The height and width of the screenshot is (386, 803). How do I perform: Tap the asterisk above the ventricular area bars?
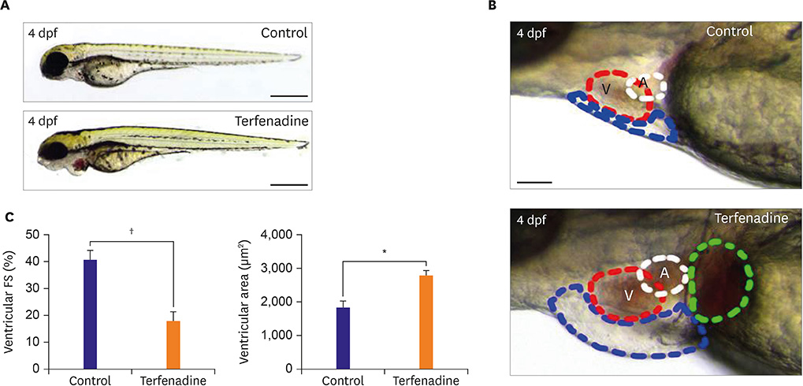[x=385, y=252]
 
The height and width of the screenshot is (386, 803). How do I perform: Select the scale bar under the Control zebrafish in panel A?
[x=288, y=96]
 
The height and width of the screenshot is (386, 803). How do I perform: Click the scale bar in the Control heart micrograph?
[x=534, y=182]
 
